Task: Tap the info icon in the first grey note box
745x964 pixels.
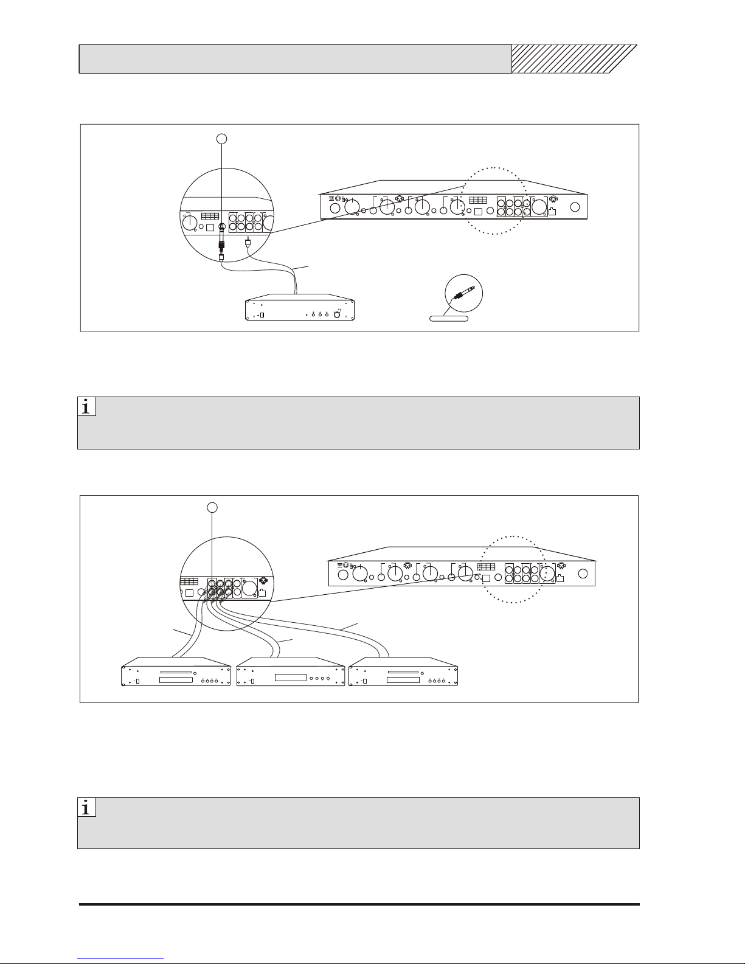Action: point(86,406)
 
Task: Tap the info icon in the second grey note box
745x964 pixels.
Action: point(86,807)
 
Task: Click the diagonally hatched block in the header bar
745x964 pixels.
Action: point(574,58)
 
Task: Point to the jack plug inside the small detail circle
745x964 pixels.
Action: point(463,294)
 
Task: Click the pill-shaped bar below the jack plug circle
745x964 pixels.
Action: point(449,319)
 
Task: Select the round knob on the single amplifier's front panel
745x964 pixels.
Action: point(337,314)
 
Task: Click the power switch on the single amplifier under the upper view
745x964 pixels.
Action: point(262,315)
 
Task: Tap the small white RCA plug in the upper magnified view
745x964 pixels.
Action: point(248,243)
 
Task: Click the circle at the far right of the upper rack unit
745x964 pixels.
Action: point(575,207)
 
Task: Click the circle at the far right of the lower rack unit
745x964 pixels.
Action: point(583,574)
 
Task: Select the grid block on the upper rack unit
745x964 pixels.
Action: point(478,201)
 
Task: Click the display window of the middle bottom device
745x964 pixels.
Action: point(291,678)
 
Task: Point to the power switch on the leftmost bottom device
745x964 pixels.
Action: point(138,681)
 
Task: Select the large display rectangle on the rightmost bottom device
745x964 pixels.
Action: point(403,680)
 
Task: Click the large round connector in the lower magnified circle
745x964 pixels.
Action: point(250,588)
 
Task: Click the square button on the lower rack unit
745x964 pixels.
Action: point(486,578)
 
